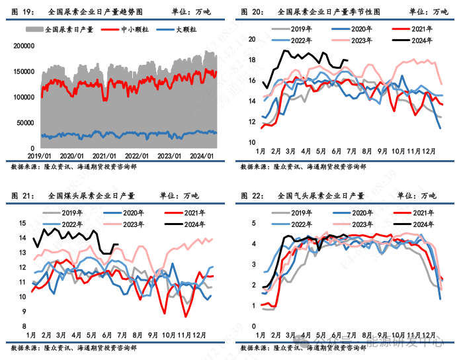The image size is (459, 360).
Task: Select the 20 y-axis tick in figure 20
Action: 251,39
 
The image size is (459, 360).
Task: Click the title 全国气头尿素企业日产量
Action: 321,196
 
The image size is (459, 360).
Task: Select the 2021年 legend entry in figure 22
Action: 419,213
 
